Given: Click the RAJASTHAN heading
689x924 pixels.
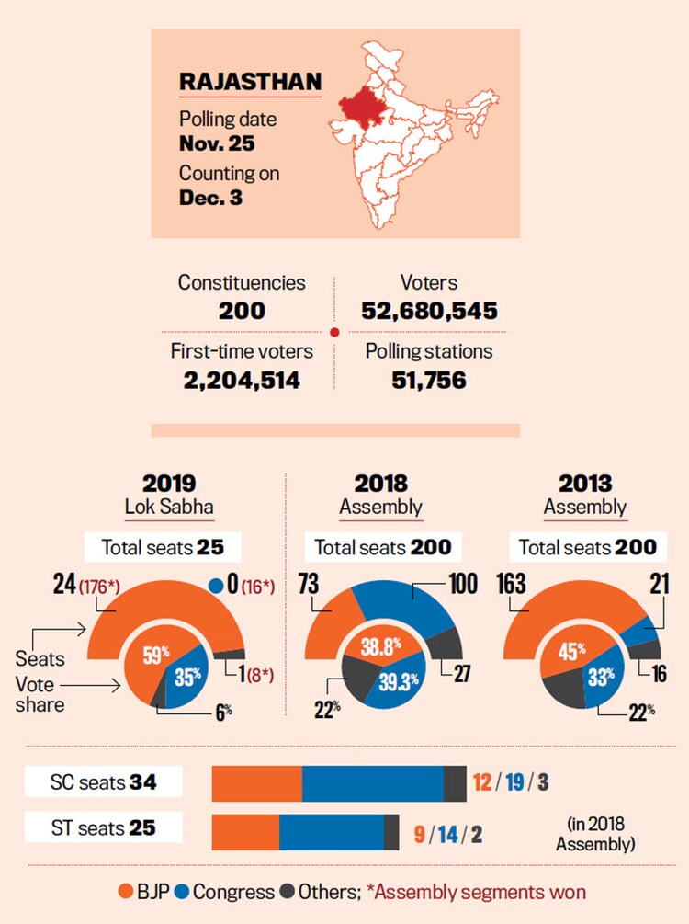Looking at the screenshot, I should pos(249,81).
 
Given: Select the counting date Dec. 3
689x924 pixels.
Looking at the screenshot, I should pos(210,197).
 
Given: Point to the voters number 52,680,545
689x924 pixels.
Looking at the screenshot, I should pos(429,311).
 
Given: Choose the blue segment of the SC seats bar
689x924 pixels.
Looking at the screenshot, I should pos(372,782).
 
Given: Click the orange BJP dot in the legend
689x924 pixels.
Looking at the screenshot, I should pos(129,891).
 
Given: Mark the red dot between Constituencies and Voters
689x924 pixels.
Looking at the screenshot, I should pos(334,332).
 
